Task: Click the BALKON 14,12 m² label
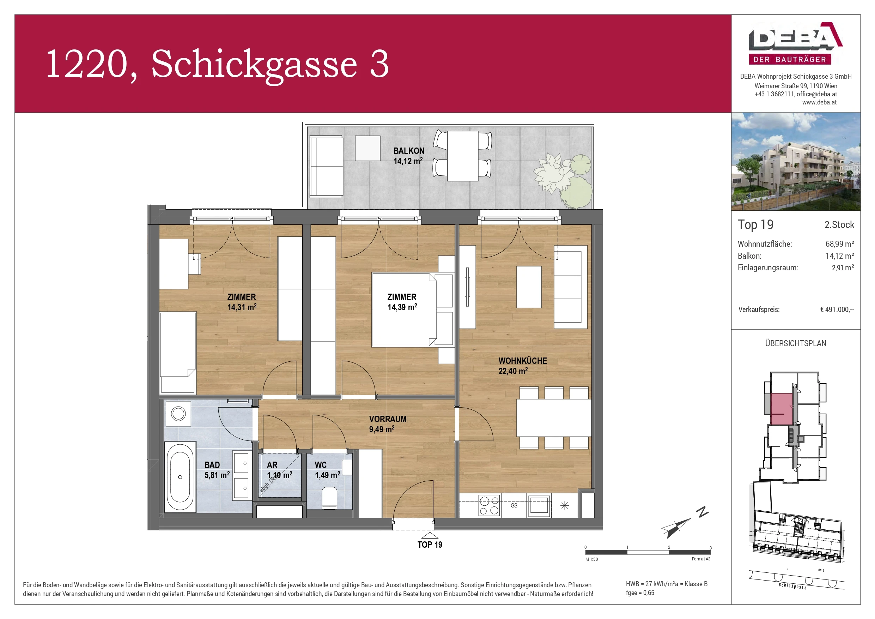[x=408, y=156]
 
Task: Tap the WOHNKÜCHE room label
[x=522, y=365]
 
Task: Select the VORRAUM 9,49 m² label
[x=387, y=424]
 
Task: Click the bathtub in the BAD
[x=180, y=477]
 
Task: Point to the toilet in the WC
[x=329, y=498]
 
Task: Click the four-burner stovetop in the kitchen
[x=489, y=505]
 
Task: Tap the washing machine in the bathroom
[x=178, y=413]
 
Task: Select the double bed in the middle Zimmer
[x=404, y=310]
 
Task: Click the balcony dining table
[x=462, y=156]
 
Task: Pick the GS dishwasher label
[x=514, y=505]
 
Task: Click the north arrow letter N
[x=702, y=512]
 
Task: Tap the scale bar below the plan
[x=648, y=552]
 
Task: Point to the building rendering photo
[x=795, y=161]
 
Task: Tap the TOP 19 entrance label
[x=430, y=545]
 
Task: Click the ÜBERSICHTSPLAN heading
[x=795, y=343]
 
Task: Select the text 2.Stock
[x=839, y=225]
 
